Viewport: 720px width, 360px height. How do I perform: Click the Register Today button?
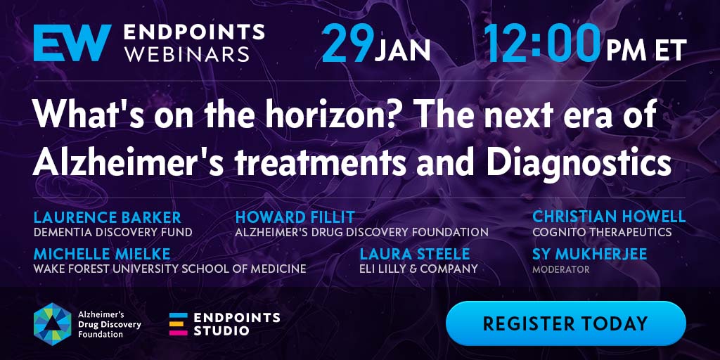coord(566,323)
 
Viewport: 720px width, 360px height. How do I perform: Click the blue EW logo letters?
coord(72,43)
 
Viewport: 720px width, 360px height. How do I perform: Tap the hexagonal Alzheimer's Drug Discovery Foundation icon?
coord(52,323)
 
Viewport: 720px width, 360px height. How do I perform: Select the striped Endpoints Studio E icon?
coord(178,323)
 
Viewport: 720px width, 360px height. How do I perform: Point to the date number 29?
coord(347,44)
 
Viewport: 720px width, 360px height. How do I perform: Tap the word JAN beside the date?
coord(402,50)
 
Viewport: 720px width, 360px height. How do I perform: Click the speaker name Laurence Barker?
coord(108,217)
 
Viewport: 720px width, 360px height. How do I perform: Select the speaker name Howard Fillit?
coord(295,217)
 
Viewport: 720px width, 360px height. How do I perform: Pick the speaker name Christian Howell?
coord(609,217)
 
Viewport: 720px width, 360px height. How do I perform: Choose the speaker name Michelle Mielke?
coord(102,253)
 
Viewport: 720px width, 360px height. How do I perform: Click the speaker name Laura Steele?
coord(415,253)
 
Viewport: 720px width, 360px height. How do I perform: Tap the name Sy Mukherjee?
coord(590,253)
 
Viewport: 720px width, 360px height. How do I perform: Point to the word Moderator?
coord(560,269)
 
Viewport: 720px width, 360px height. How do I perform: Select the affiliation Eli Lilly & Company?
coord(418,269)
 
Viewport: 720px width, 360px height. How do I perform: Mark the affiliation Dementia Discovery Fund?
coord(113,232)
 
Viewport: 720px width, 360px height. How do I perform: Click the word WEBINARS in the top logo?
coord(187,54)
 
